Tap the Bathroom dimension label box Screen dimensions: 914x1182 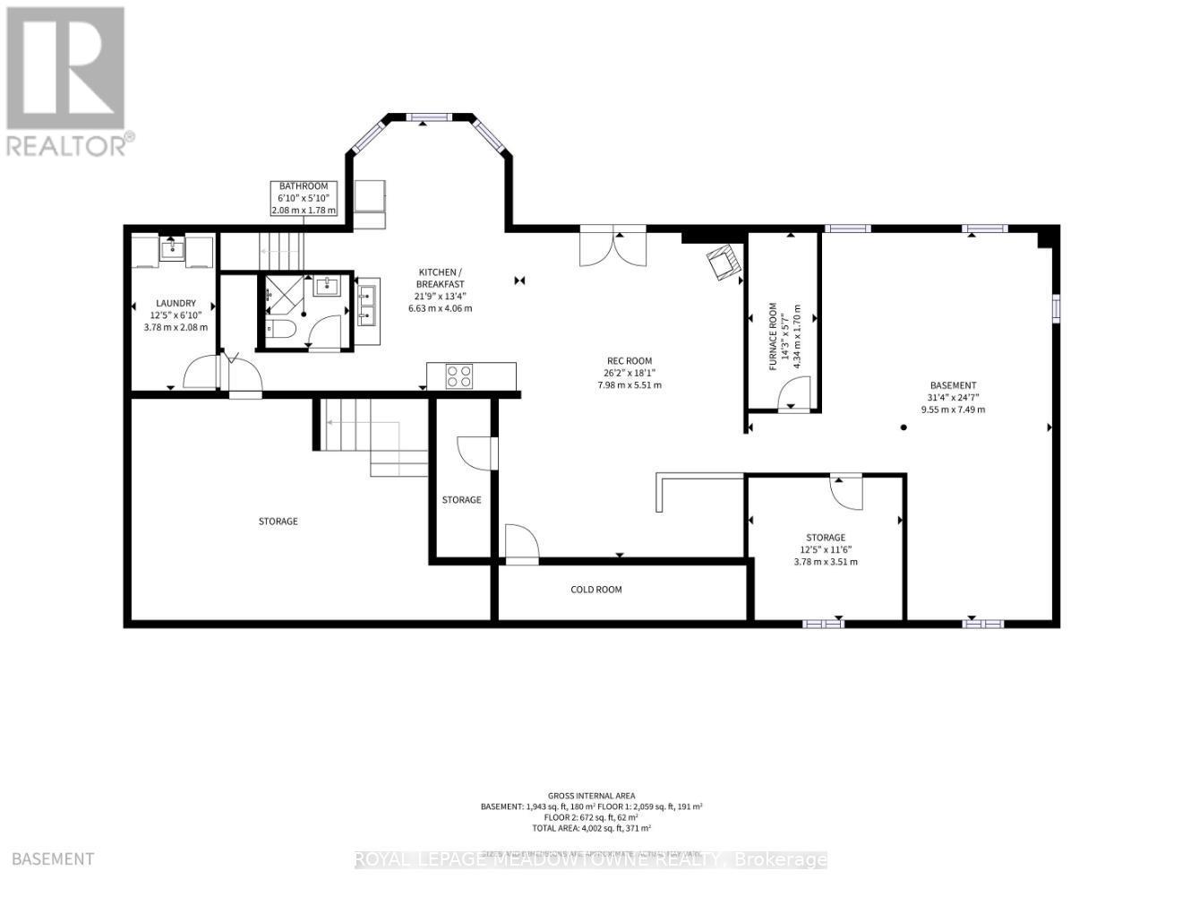304,198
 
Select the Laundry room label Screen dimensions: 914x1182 176,315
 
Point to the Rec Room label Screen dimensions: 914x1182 629,373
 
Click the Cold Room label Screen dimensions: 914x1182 596,590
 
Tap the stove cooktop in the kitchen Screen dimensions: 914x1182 459,376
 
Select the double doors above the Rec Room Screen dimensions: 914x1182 613,248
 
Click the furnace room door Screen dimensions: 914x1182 792,392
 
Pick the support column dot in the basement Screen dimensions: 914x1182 904,427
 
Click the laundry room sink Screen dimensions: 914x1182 173,248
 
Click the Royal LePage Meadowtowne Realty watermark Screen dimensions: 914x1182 591,860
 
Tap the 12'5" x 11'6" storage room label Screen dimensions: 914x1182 825,550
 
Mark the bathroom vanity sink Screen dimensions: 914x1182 327,286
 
